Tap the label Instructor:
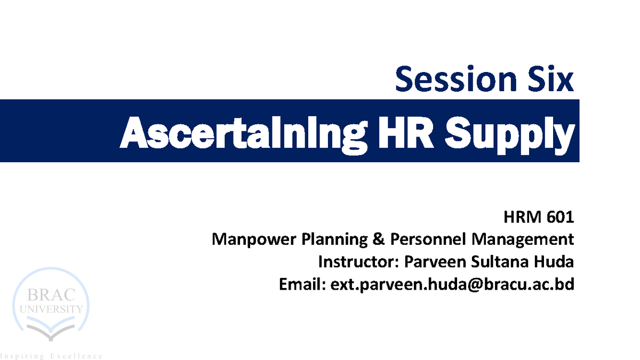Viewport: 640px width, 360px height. [358, 262]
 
